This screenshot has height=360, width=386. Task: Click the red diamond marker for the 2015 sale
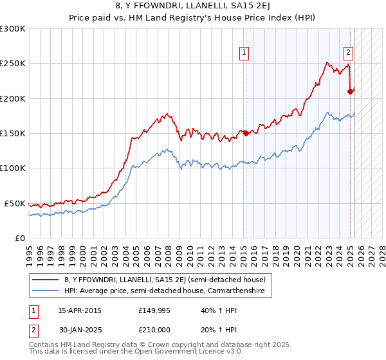click(245, 133)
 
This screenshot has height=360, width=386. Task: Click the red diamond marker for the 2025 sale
click(351, 91)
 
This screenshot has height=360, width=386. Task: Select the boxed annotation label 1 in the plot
click(244, 53)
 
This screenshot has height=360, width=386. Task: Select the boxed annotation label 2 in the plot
click(348, 53)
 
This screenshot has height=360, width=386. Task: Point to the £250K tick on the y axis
click(13, 64)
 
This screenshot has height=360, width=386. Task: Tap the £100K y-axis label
click(13, 168)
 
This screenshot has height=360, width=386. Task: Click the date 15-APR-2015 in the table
click(80, 310)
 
